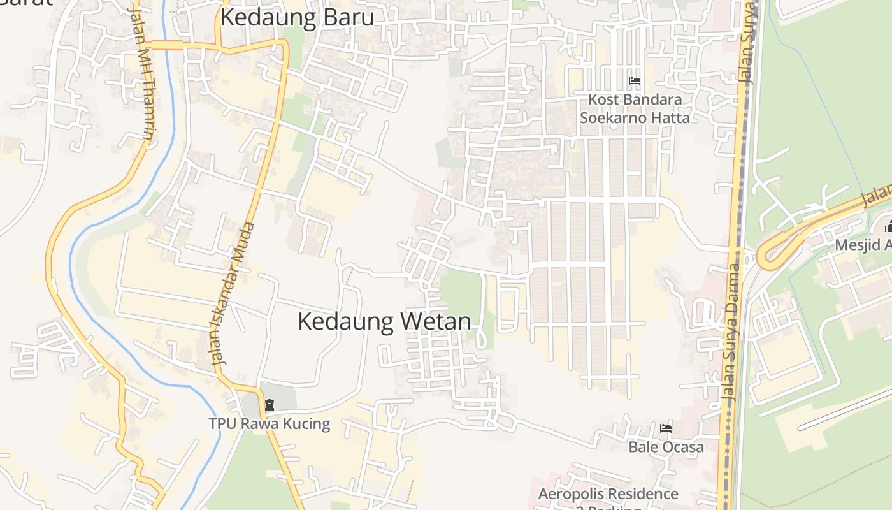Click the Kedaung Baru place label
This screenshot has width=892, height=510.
pyautogui.click(x=297, y=18)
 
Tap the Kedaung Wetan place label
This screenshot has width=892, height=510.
pyautogui.click(x=384, y=321)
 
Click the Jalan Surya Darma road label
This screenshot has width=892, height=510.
pyautogui.click(x=733, y=331)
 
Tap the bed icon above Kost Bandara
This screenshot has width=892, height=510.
pyautogui.click(x=635, y=82)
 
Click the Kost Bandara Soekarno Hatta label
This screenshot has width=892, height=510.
pyautogui.click(x=635, y=109)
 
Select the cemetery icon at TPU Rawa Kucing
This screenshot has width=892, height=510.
pyautogui.click(x=270, y=405)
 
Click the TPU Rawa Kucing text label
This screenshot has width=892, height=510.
pyautogui.click(x=270, y=423)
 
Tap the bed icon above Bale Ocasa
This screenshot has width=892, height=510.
pyautogui.click(x=666, y=428)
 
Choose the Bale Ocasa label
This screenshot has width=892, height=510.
pyautogui.click(x=666, y=447)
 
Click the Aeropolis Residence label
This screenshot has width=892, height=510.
pyautogui.click(x=608, y=494)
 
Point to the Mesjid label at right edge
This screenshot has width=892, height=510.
pyautogui.click(x=863, y=245)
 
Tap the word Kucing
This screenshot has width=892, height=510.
pyautogui.click(x=307, y=423)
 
